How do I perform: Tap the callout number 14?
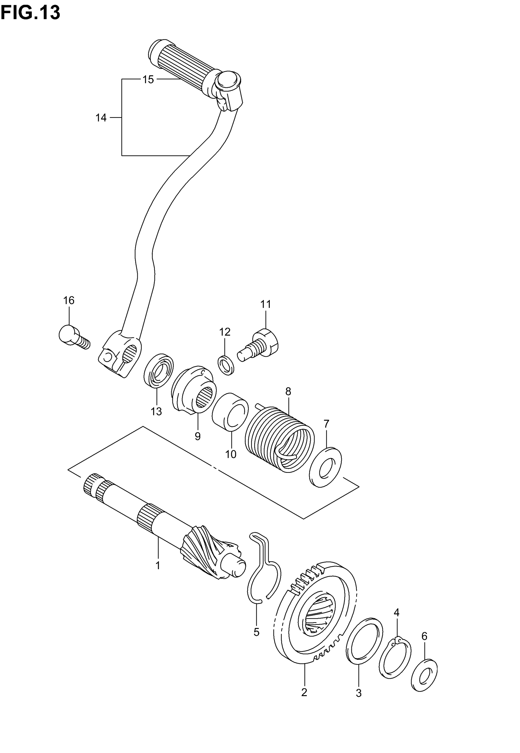[101, 117]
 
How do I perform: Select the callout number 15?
[148, 80]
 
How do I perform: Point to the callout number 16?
[69, 300]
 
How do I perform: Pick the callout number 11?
[266, 305]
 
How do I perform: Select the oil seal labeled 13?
[159, 371]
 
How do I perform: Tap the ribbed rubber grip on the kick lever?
[182, 65]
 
